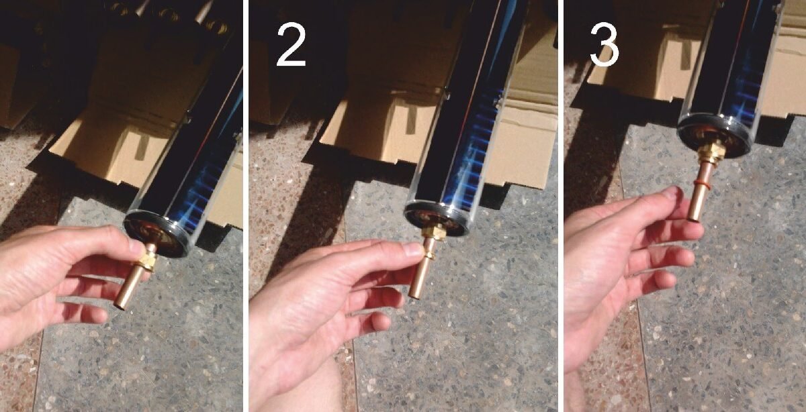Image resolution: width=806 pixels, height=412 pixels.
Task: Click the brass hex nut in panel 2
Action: tap(435, 230)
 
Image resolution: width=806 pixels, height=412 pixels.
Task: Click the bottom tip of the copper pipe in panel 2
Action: tap(414, 295)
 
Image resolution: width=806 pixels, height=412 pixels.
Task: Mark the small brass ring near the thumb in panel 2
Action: tap(429, 256)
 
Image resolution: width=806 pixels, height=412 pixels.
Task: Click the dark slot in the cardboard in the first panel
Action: tap(142, 147)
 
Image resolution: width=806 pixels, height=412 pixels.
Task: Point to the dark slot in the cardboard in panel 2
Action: tap(412, 121)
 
